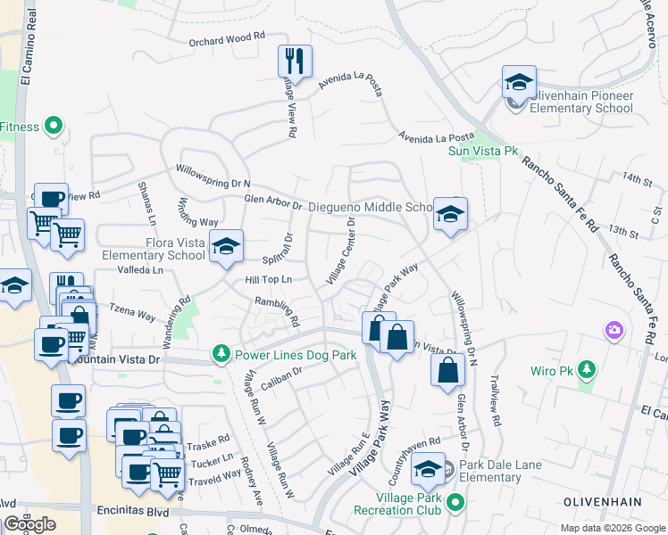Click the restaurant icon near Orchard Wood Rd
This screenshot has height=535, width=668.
point(295,62)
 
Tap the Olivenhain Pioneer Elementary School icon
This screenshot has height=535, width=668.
point(518,83)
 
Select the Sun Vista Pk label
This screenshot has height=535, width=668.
point(483,152)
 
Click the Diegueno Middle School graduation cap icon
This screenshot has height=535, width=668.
point(450,215)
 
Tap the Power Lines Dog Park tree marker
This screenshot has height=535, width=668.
point(221,355)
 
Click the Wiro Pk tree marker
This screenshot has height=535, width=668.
point(586,370)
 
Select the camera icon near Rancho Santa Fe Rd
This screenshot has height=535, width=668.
point(614,331)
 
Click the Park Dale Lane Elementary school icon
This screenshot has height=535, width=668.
point(429,469)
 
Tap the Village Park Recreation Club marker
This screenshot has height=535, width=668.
point(455,504)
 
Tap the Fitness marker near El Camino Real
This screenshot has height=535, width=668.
point(53,127)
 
